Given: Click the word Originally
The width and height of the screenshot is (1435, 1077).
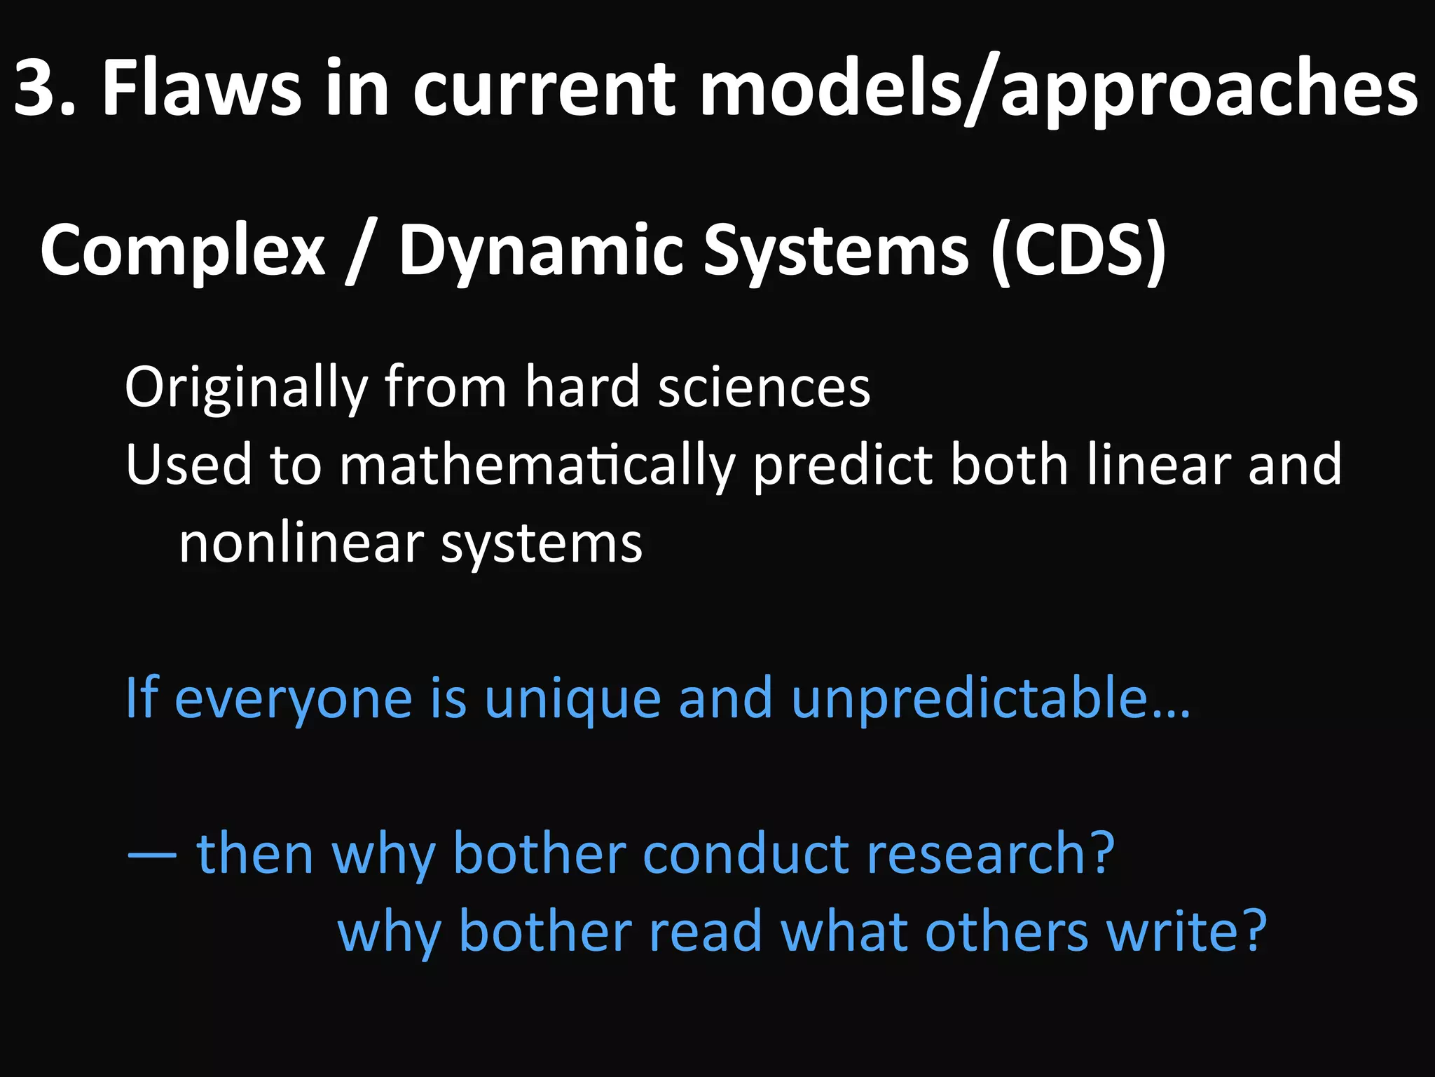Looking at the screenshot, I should tap(245, 388).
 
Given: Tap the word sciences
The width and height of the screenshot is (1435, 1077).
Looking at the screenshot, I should tap(764, 388).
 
